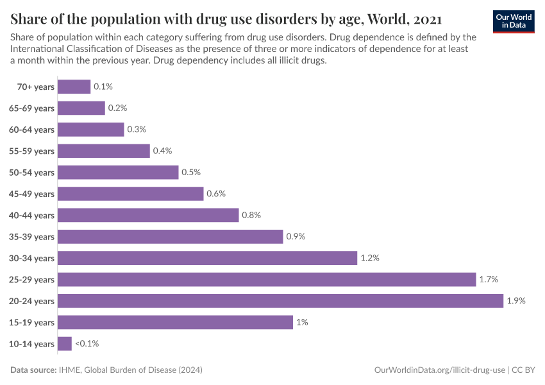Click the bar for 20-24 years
(280, 301)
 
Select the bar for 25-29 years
(267, 279)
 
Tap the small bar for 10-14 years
(65, 344)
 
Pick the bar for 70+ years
(74, 87)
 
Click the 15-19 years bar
(175, 322)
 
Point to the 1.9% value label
(516, 301)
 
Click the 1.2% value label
(370, 258)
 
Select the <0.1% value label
(87, 344)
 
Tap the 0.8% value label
(251, 215)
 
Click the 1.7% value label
(489, 279)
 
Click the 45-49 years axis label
(32, 194)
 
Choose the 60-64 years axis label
(32, 130)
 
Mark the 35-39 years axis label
(32, 237)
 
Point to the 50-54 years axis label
(32, 173)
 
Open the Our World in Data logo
(514, 21)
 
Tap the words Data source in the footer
(33, 370)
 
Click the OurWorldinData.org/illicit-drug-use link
(439, 370)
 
